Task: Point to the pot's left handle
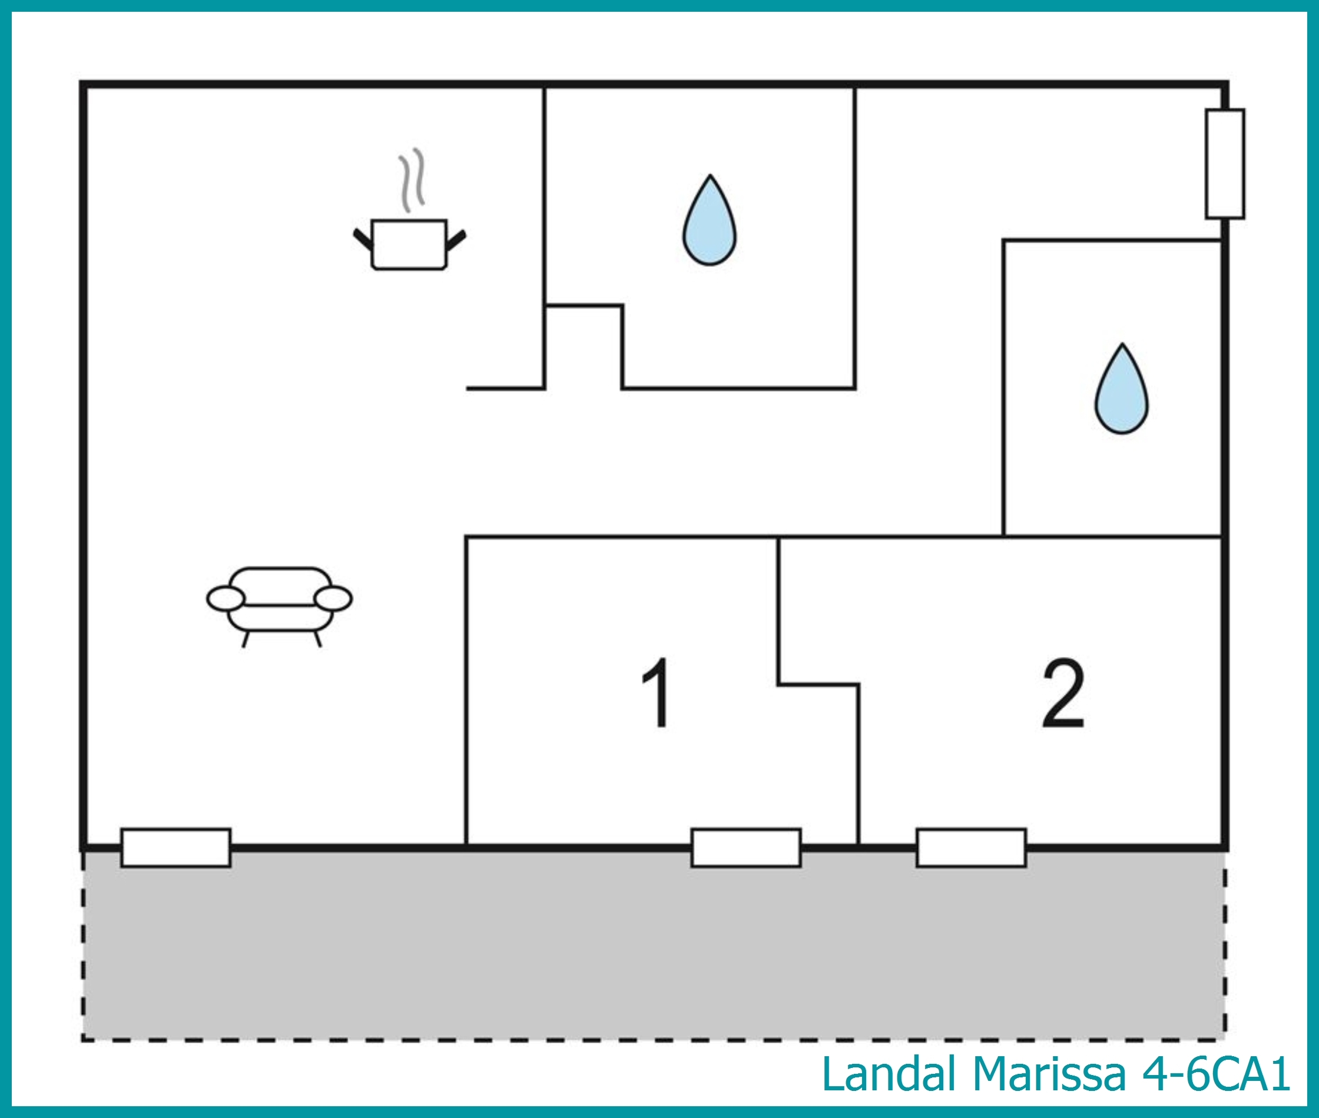[x=363, y=238]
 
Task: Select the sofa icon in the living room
[x=280, y=606]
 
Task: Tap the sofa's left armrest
[x=226, y=599]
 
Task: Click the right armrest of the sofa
[x=333, y=599]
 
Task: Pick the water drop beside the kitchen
[x=710, y=221]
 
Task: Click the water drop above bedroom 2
[x=1122, y=389]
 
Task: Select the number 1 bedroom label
[x=656, y=692]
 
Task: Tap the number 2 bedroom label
[x=1063, y=693]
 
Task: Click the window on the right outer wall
[x=1225, y=164]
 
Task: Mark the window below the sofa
[x=176, y=847]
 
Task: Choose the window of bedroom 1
[x=746, y=847]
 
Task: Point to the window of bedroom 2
[x=971, y=847]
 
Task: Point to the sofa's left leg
[x=246, y=639]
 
